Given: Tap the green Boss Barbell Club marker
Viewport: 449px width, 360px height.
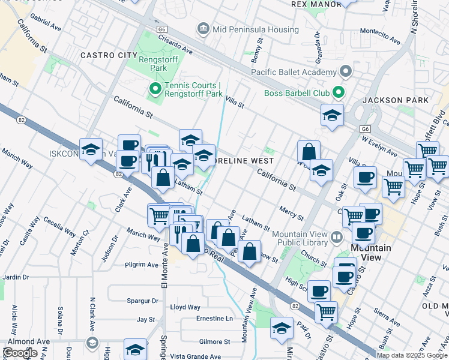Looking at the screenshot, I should pos(338,93).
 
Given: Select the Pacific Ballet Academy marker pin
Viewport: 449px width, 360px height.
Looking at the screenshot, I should pos(345,73).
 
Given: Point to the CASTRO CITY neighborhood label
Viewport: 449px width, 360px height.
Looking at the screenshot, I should pos(112,55).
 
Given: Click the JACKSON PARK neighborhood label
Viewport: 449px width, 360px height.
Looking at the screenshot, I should pos(395,100).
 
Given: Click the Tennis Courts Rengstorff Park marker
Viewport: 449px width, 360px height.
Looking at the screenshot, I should pos(154,91).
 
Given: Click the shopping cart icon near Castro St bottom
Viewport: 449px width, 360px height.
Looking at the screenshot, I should pos(326,311).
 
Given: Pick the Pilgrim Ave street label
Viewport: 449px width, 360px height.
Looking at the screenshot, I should pos(141,264).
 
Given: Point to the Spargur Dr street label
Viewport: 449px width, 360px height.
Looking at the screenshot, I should pos(142,301).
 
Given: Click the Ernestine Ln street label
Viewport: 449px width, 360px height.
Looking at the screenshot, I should pos(214,319).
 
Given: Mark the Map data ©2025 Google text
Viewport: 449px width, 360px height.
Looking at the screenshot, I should pos(412,355).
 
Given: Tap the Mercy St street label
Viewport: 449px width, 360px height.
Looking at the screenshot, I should pos(291,212).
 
